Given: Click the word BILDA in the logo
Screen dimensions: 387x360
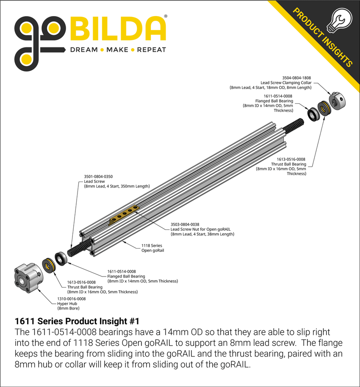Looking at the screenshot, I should (x=117, y=29).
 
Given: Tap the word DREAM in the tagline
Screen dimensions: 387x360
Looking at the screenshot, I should (x=83, y=50).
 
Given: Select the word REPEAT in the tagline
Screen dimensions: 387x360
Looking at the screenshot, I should (x=151, y=50).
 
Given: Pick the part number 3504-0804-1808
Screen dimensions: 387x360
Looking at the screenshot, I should (x=296, y=78).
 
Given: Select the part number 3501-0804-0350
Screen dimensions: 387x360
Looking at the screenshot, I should (x=98, y=176).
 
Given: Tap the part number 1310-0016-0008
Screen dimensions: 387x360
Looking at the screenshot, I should (x=71, y=299).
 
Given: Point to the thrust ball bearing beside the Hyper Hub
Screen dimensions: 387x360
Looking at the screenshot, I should (x=49, y=265).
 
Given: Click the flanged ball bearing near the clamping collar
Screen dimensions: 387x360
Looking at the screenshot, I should (x=313, y=113).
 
